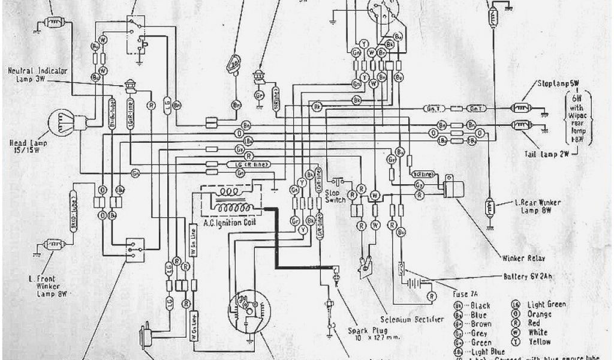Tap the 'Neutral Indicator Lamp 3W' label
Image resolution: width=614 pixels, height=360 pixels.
pyautogui.click(x=37, y=74)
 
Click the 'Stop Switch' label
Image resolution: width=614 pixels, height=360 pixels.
pyautogui.click(x=335, y=197)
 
